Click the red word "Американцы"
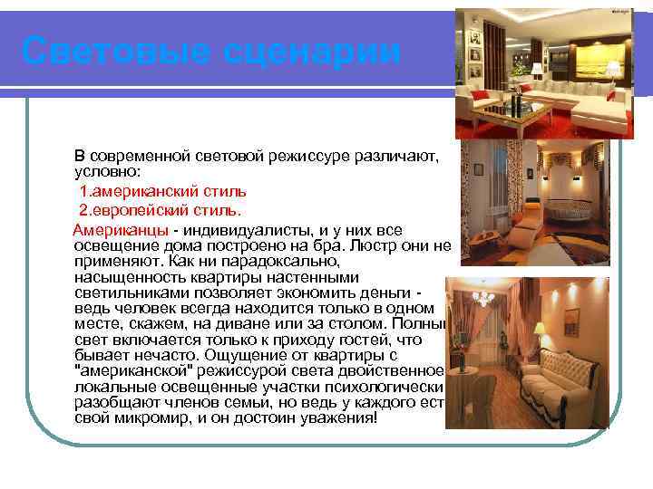[x=122, y=229]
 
